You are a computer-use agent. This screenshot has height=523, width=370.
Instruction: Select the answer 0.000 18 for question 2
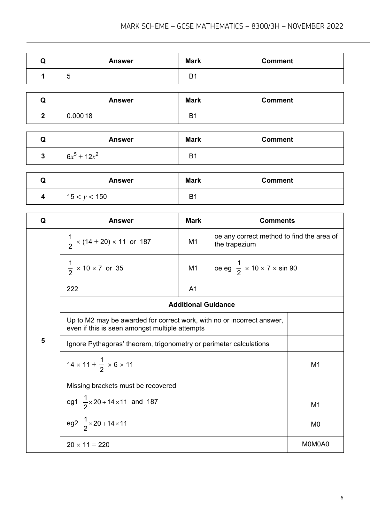[x=80, y=116]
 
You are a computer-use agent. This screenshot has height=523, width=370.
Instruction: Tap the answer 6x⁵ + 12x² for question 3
[x=82, y=156]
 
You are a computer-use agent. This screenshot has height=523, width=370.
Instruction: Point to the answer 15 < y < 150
[x=87, y=197]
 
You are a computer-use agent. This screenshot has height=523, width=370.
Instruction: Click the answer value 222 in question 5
[x=73, y=289]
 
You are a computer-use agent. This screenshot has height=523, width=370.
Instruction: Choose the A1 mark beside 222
[x=193, y=289]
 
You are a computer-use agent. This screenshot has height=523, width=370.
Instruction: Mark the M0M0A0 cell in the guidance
[x=315, y=444]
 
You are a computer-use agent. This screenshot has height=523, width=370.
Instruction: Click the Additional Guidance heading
[x=201, y=305]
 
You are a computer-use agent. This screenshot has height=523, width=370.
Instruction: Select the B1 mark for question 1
[x=193, y=76]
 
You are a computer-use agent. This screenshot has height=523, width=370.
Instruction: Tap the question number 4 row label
[x=43, y=196]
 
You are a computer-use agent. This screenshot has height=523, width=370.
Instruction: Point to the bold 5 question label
[x=43, y=341]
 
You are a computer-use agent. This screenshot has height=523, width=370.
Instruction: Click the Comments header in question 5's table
[x=277, y=221]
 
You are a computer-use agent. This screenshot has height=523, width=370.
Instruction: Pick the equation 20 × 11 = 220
[x=88, y=444]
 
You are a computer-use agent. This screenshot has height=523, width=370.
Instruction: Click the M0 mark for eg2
[x=315, y=424]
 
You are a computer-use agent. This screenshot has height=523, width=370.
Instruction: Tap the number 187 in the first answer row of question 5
[x=145, y=242]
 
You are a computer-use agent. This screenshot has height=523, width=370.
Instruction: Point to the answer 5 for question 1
[x=69, y=77]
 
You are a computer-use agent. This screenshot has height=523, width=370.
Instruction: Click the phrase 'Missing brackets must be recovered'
[x=121, y=386]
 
